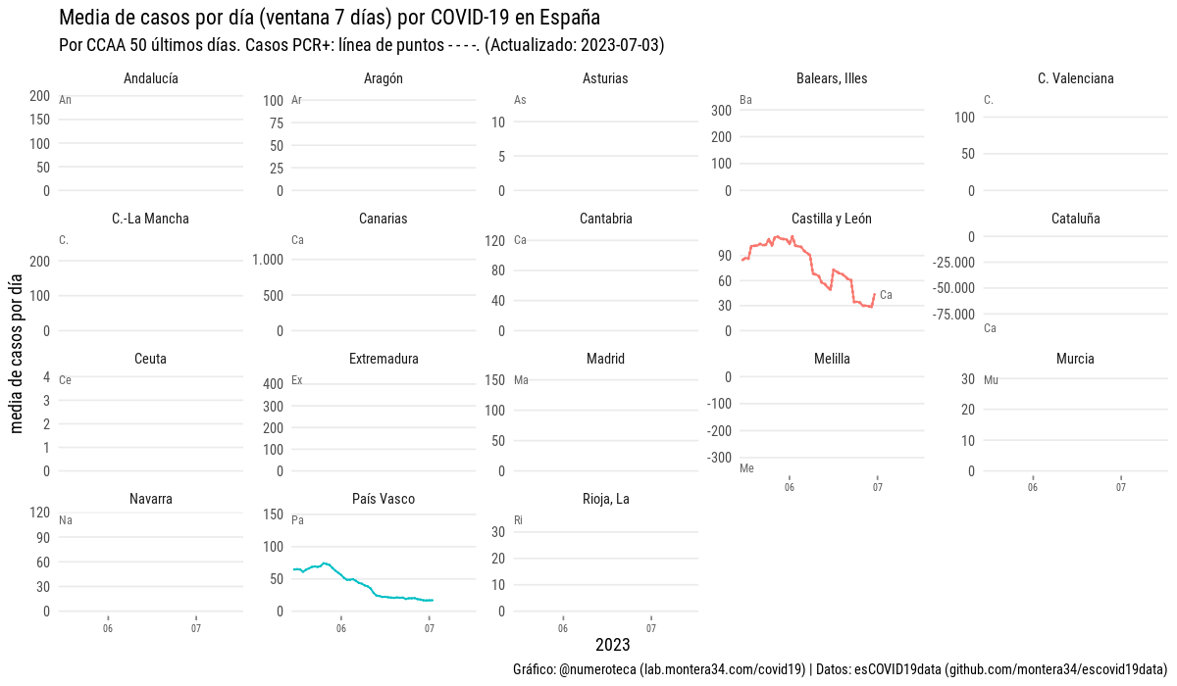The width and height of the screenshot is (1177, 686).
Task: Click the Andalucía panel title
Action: [x=151, y=78]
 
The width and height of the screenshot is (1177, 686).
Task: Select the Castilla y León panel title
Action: [x=831, y=219]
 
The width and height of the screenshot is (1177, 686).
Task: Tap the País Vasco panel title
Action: [x=383, y=499]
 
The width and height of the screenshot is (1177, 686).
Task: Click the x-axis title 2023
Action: [x=612, y=645]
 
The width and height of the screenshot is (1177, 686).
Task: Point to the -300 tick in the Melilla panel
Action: [x=719, y=458]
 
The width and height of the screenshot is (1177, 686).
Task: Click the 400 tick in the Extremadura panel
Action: [x=272, y=383]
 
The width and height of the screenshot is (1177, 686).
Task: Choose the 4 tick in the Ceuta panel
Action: [x=46, y=377]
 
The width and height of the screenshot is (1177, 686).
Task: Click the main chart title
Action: [x=330, y=18]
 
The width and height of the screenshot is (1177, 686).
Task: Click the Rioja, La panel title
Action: [x=605, y=499]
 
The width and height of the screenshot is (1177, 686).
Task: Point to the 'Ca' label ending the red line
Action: [x=886, y=295]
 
